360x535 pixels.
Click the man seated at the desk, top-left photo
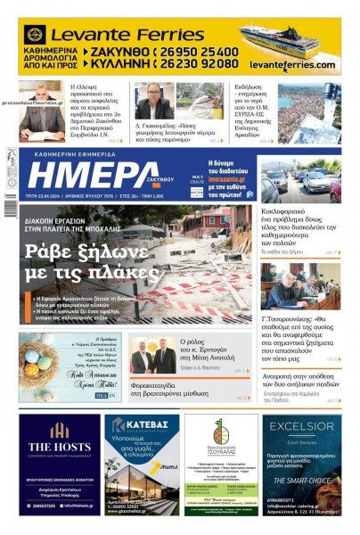(x=42, y=111)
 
